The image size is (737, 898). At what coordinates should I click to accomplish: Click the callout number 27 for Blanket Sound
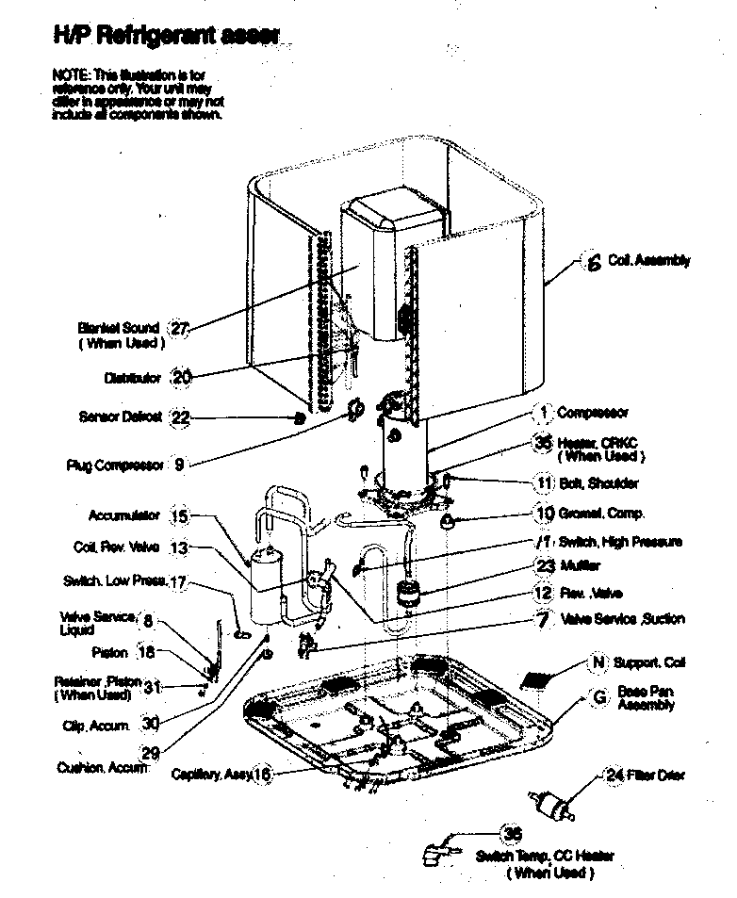coord(179,328)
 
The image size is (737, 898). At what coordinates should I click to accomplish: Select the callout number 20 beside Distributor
coord(182,377)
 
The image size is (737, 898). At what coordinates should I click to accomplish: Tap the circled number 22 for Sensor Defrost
coord(181,417)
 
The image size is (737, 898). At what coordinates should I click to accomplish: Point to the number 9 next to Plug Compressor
coord(180,464)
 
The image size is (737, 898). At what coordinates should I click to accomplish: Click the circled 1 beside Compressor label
coord(543,412)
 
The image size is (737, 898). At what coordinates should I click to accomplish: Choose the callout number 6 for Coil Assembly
coord(593,264)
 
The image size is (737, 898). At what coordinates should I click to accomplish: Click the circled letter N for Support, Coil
coord(597,662)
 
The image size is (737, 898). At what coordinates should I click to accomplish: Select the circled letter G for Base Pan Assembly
coord(598,698)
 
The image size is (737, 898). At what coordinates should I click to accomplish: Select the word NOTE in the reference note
coord(66,73)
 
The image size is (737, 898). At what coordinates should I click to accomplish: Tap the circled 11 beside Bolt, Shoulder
coord(544,483)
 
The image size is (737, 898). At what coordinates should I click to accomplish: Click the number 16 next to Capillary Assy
coord(262,775)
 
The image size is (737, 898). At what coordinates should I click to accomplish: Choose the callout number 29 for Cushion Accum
coord(150,751)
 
